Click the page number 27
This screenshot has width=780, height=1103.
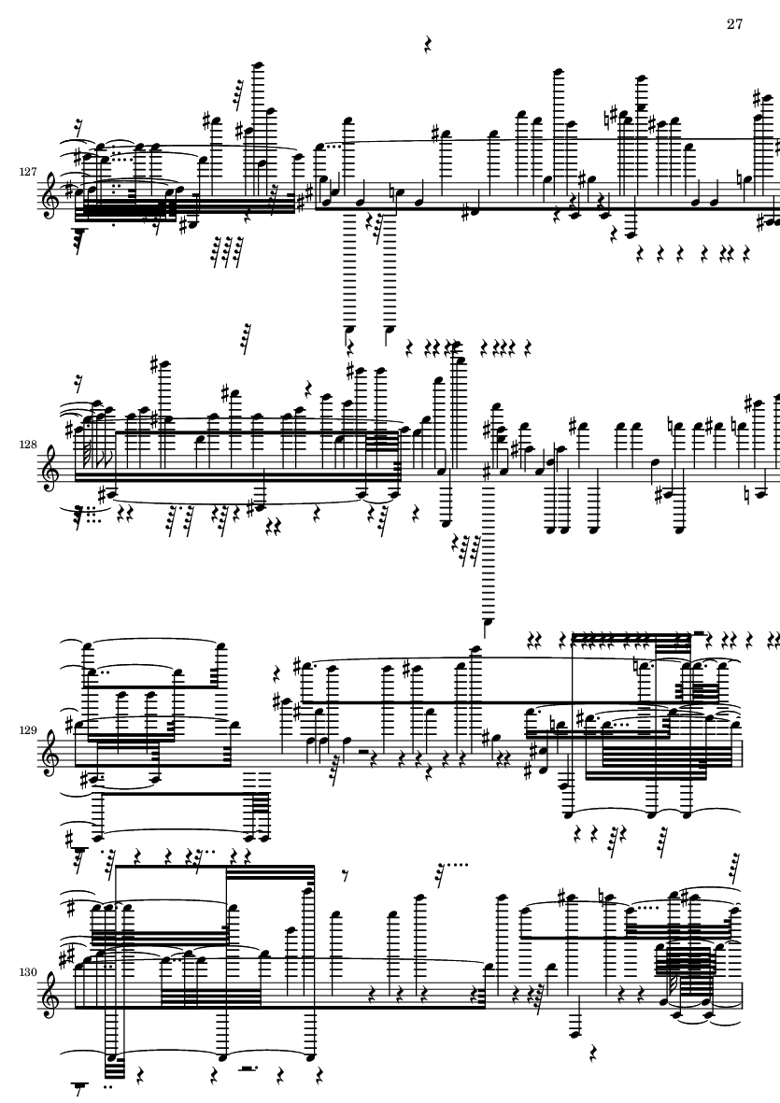click(734, 24)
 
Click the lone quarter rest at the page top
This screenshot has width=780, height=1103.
click(427, 45)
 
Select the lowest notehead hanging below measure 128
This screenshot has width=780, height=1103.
click(486, 622)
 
